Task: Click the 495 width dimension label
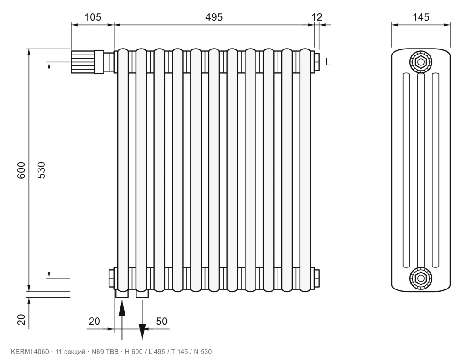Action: tap(214, 17)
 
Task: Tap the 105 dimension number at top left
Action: tap(93, 17)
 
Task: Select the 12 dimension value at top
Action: tap(317, 17)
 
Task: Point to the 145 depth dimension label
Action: tap(421, 17)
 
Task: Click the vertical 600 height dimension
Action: tap(22, 170)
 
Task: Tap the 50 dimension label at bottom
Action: tap(162, 321)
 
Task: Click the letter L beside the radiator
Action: tap(328, 62)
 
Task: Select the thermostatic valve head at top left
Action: tap(82, 62)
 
